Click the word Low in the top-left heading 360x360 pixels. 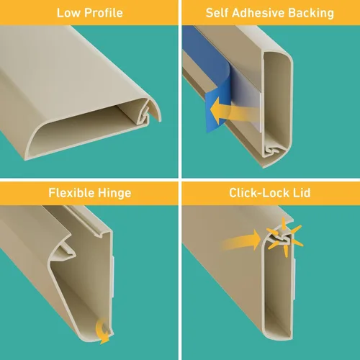tap(68, 13)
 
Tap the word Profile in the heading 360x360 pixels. tap(104, 13)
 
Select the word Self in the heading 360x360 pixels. tap(217, 13)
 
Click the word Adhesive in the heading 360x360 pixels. tap(258, 13)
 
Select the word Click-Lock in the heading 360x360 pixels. tap(259, 193)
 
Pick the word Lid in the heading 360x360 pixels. tap(302, 193)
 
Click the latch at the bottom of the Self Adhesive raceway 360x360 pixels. tap(272, 150)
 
